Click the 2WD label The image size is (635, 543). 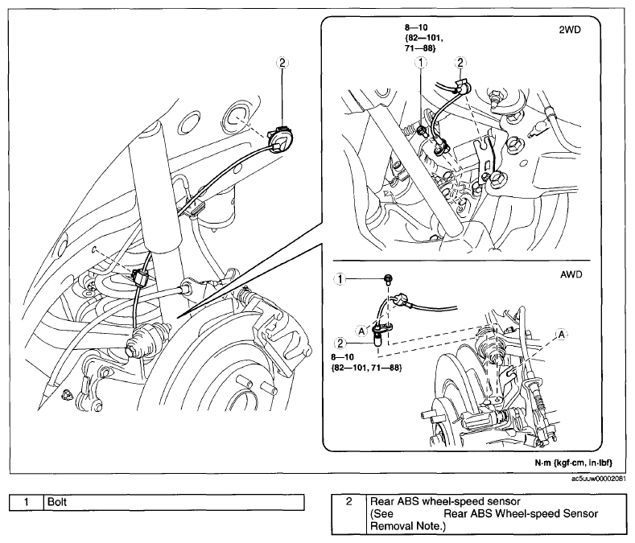pos(570,30)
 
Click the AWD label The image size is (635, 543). pos(571,274)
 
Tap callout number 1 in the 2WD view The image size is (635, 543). pos(421,63)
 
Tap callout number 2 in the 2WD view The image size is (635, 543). pos(460,63)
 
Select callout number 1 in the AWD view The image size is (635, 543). pos(340,278)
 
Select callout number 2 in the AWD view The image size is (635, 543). pos(340,343)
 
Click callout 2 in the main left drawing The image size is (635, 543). pos(282,63)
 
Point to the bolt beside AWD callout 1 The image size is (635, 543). pos(389,278)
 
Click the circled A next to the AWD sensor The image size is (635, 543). pos(361,331)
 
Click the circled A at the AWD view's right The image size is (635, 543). pos(561,335)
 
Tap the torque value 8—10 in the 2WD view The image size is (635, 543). pos(415,28)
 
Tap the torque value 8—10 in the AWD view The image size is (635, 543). pos(342,357)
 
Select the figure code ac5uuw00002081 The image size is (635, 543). pos(601,479)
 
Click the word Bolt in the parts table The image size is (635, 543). pos(56,502)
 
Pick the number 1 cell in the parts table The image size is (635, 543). pos(27,503)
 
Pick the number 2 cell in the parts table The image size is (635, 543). pos(348,502)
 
